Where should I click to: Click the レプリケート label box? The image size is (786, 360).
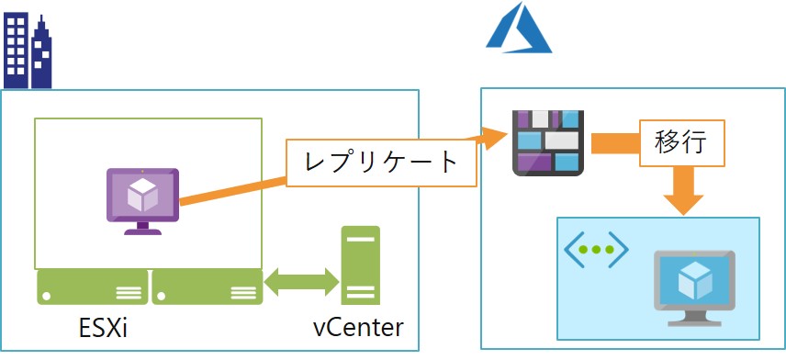pos(382,163)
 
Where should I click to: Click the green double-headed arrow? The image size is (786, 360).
pos(301,283)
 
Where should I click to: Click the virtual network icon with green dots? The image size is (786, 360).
pos(596,250)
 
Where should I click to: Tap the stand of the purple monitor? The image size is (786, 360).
pos(141,227)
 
